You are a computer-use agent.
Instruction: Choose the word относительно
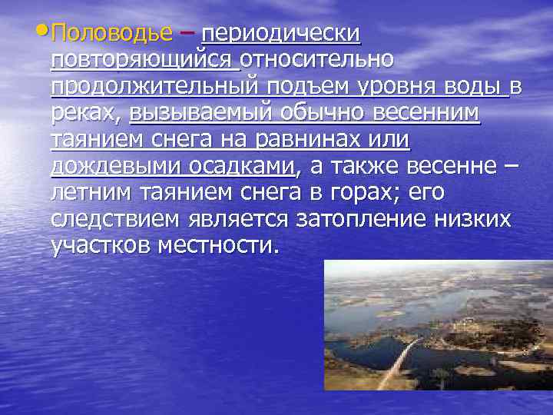click(318, 60)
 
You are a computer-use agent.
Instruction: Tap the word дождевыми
click(117, 167)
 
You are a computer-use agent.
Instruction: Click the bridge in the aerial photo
click(400, 361)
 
